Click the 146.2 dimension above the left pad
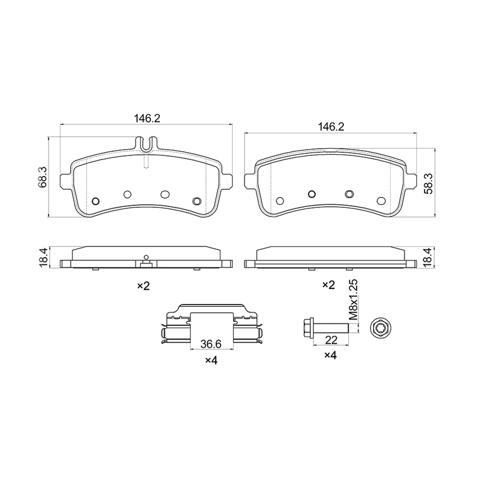pyautogui.click(x=147, y=119)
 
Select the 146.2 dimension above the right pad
pyautogui.click(x=331, y=127)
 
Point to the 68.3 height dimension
pyautogui.click(x=42, y=177)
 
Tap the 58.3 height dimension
pyautogui.click(x=428, y=184)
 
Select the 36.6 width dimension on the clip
pyautogui.click(x=211, y=344)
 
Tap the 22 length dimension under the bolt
pyautogui.click(x=331, y=340)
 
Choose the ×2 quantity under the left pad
pyautogui.click(x=144, y=286)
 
